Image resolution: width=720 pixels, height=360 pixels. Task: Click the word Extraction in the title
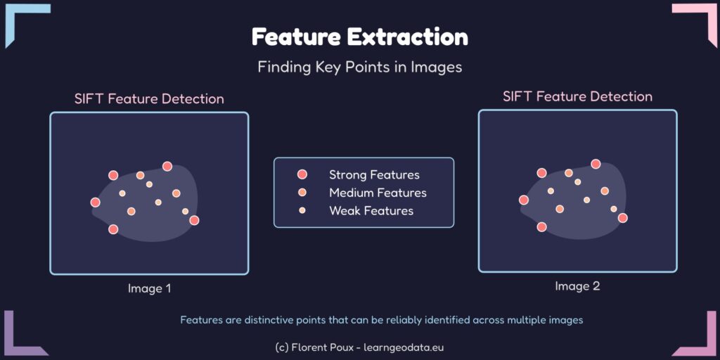(x=407, y=37)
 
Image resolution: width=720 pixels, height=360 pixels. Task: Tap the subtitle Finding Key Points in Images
(x=359, y=67)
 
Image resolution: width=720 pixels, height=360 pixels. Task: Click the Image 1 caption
(x=149, y=289)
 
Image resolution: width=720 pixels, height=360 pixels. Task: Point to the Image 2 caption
(x=577, y=286)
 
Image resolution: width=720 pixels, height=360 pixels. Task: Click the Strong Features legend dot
(x=302, y=174)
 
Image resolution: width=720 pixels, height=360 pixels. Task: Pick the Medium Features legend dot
(x=302, y=193)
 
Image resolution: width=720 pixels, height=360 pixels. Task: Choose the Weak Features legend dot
(x=302, y=211)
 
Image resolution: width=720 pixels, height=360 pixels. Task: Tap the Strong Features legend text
(x=374, y=175)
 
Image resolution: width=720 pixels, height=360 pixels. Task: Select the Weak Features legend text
(x=371, y=211)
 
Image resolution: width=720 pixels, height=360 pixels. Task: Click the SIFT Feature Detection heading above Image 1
(x=149, y=99)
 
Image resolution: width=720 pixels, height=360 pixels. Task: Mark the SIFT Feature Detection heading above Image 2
(x=578, y=97)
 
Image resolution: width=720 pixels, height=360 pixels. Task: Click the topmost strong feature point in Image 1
(x=167, y=166)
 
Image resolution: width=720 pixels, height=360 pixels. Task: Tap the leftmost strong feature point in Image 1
(x=96, y=202)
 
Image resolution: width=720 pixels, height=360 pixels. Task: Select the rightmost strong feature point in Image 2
(x=623, y=218)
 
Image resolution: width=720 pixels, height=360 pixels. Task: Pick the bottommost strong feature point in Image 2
(x=542, y=227)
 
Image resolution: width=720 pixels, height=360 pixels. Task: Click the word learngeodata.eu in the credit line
(x=404, y=347)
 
